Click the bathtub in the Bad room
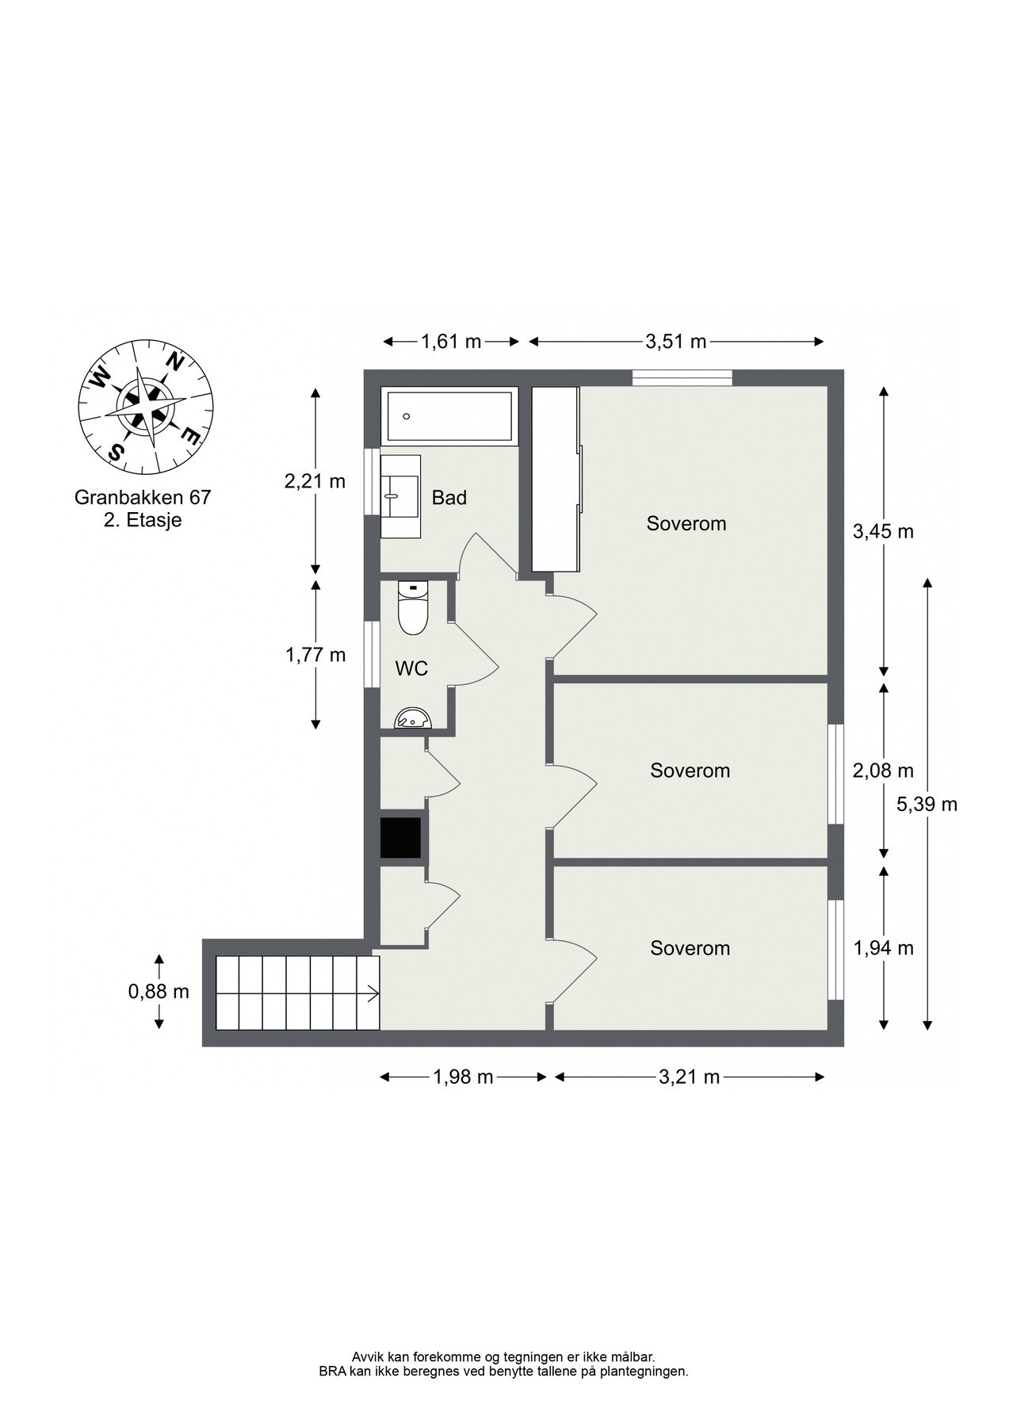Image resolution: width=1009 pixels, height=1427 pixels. pyautogui.click(x=448, y=416)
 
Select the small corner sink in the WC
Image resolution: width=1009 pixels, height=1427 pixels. pyautogui.click(x=413, y=718)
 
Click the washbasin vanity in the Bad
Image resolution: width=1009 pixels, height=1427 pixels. pyautogui.click(x=400, y=496)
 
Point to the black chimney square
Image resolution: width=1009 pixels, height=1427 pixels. pyautogui.click(x=400, y=837)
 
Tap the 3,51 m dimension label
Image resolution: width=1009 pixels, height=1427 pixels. pyautogui.click(x=675, y=342)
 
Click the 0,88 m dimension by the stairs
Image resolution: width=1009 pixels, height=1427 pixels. pyautogui.click(x=159, y=991)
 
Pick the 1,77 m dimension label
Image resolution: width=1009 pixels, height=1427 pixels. pyautogui.click(x=315, y=655)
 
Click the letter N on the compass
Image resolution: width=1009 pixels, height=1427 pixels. pyautogui.click(x=174, y=362)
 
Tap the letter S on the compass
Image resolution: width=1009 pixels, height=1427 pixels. pyautogui.click(x=117, y=452)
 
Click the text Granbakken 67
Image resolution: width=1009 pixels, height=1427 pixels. pyautogui.click(x=143, y=498)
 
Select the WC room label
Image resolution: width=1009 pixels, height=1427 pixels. pyautogui.click(x=411, y=668)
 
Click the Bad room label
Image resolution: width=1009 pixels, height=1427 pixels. pyautogui.click(x=449, y=498)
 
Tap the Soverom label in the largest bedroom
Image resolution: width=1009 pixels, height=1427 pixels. pyautogui.click(x=686, y=523)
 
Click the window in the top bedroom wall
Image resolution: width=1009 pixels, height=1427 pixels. pyautogui.click(x=682, y=378)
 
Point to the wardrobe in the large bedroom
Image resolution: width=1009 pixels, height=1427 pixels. pyautogui.click(x=555, y=478)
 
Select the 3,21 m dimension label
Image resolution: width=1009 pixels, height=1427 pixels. pyautogui.click(x=689, y=1077)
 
